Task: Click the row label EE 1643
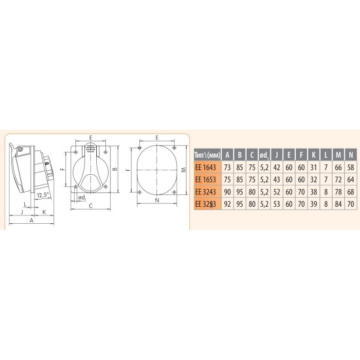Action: (x=206, y=168)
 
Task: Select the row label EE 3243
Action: (x=206, y=192)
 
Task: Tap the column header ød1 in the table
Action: (x=264, y=155)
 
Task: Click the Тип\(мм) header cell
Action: (x=207, y=155)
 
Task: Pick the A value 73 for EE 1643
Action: (x=227, y=168)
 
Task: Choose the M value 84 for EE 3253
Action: (x=338, y=204)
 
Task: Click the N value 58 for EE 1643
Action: (x=351, y=168)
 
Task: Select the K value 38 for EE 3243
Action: (x=314, y=192)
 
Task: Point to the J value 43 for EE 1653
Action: (x=277, y=179)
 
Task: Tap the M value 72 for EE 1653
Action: (x=338, y=179)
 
